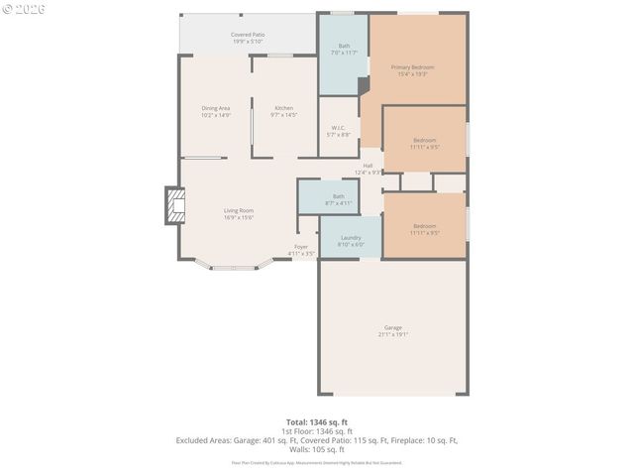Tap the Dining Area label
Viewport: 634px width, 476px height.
click(x=216, y=108)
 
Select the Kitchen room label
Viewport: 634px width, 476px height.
click(x=283, y=108)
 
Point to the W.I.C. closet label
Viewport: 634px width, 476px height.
click(x=338, y=128)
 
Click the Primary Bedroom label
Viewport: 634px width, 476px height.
click(x=413, y=67)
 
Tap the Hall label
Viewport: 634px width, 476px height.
click(x=368, y=166)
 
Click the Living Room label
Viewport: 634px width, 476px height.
click(x=238, y=210)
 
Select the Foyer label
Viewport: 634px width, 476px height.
click(x=301, y=247)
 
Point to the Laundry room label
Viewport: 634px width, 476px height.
click(x=351, y=238)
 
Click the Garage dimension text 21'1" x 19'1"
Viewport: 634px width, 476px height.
click(x=393, y=335)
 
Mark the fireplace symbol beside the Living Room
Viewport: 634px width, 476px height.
click(x=174, y=206)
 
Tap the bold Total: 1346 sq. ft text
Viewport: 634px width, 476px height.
click(x=317, y=422)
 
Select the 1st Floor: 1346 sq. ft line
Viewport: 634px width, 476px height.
click(x=317, y=431)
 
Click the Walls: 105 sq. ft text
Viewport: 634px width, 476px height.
click(x=317, y=449)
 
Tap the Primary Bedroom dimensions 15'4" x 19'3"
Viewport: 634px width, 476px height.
click(x=413, y=74)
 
